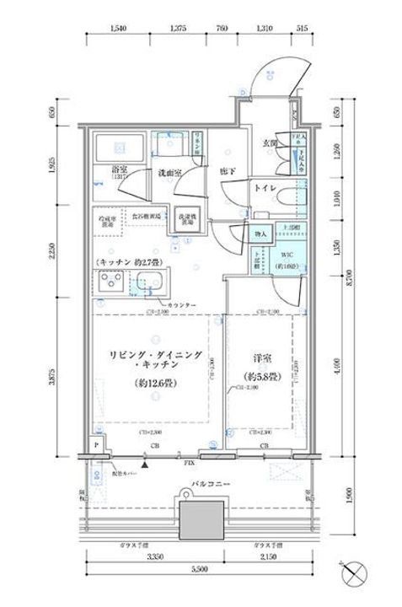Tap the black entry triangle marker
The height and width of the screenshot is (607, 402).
click(x=148, y=462)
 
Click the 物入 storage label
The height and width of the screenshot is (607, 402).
click(x=260, y=234)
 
